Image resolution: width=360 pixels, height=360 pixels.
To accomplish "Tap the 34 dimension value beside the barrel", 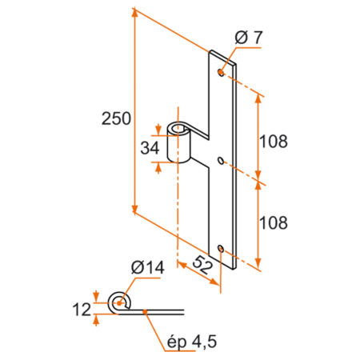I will [x=148, y=149].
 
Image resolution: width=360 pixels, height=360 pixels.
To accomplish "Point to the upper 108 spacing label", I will [x=273, y=141].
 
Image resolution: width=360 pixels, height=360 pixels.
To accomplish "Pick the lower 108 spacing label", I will [x=273, y=222].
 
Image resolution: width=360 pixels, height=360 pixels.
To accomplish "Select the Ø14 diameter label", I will [x=143, y=269].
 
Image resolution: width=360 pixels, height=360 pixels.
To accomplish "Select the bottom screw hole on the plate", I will [x=222, y=249].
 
